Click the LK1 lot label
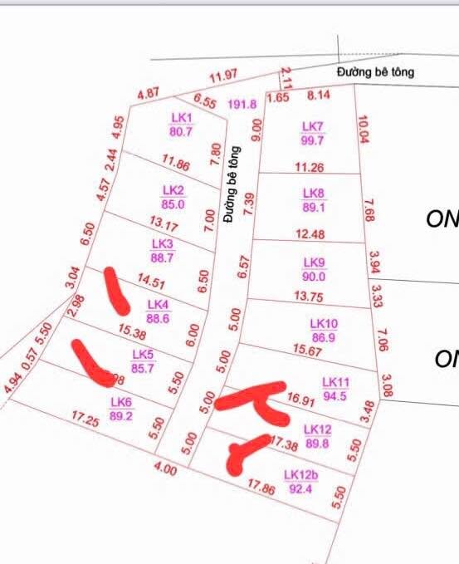[182, 118]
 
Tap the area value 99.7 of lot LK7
[312, 140]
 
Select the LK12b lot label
[300, 475]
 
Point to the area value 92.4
[300, 489]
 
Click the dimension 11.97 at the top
[223, 78]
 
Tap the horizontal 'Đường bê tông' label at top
[375, 72]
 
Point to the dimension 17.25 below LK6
[86, 421]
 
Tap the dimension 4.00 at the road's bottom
[166, 469]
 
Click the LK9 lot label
[314, 262]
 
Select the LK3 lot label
[163, 244]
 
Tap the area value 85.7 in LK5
[143, 368]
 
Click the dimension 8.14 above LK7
[319, 95]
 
